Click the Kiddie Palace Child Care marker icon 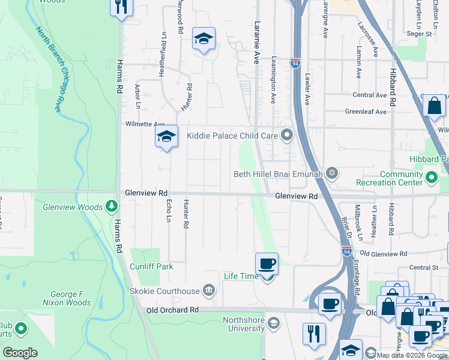tap(287, 136)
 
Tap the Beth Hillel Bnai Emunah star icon tap(331, 175)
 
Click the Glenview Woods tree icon tap(111, 207)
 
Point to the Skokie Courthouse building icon tap(208, 291)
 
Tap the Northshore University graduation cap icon tap(274, 324)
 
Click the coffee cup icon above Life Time tap(267, 263)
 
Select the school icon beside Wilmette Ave tap(167, 137)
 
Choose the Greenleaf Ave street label tap(366, 111)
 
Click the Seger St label tap(420, 34)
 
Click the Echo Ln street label tap(169, 210)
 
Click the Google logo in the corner tap(20, 353)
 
